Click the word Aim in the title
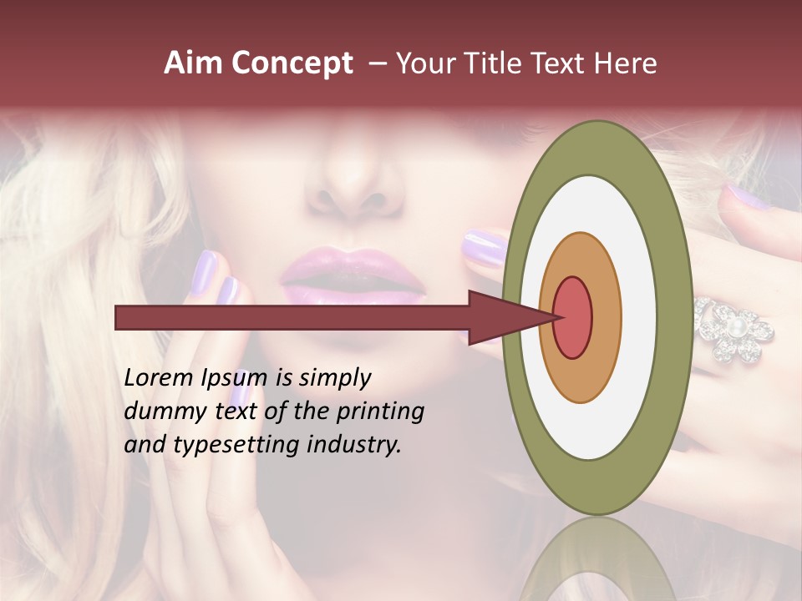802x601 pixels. [x=194, y=63]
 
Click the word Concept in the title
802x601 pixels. [x=292, y=63]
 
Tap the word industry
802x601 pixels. [x=354, y=445]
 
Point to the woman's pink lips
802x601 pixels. [x=354, y=275]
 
